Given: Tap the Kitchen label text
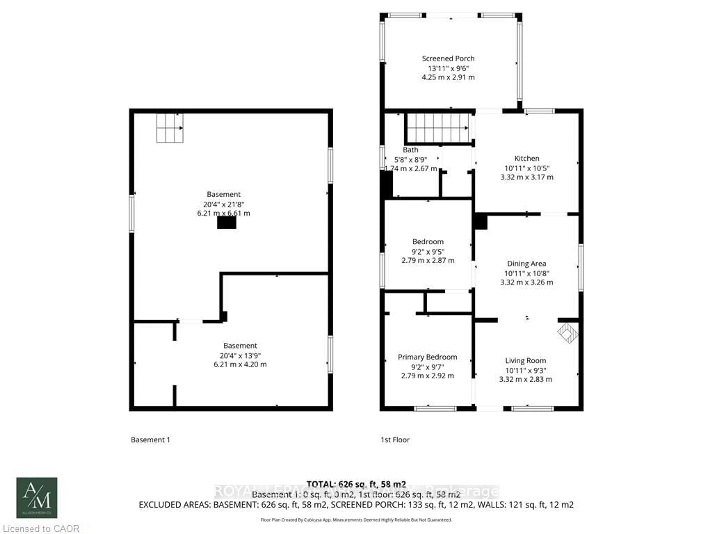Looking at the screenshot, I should pyautogui.click(x=527, y=158).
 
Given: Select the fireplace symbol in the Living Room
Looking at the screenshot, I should pyautogui.click(x=568, y=333).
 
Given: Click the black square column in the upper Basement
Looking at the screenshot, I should pyautogui.click(x=227, y=222).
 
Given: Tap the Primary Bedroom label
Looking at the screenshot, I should pyautogui.click(x=427, y=357).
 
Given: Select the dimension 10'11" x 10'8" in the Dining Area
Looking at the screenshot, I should pyautogui.click(x=527, y=273).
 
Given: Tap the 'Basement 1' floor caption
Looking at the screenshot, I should pyautogui.click(x=150, y=440).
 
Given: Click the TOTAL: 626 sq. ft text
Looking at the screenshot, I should pyautogui.click(x=356, y=484).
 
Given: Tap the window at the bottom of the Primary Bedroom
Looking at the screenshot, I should pyautogui.click(x=435, y=409).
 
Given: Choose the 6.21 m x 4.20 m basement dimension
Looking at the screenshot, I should pyautogui.click(x=240, y=364).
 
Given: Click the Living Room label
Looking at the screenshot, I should pyautogui.click(x=525, y=360).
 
